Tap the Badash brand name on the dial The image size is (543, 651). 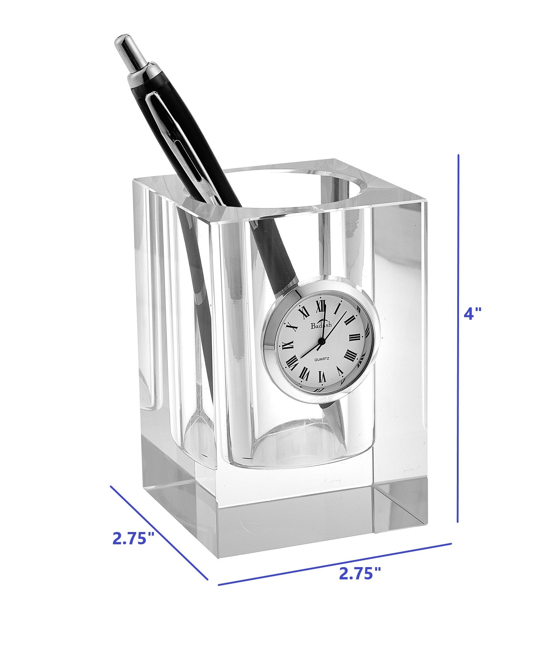pos(321,325)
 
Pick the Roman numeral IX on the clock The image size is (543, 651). pos(288,345)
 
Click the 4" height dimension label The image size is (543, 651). pos(472,314)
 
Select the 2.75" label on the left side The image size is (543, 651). pos(134,538)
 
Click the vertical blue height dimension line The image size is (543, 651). pos(458,338)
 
